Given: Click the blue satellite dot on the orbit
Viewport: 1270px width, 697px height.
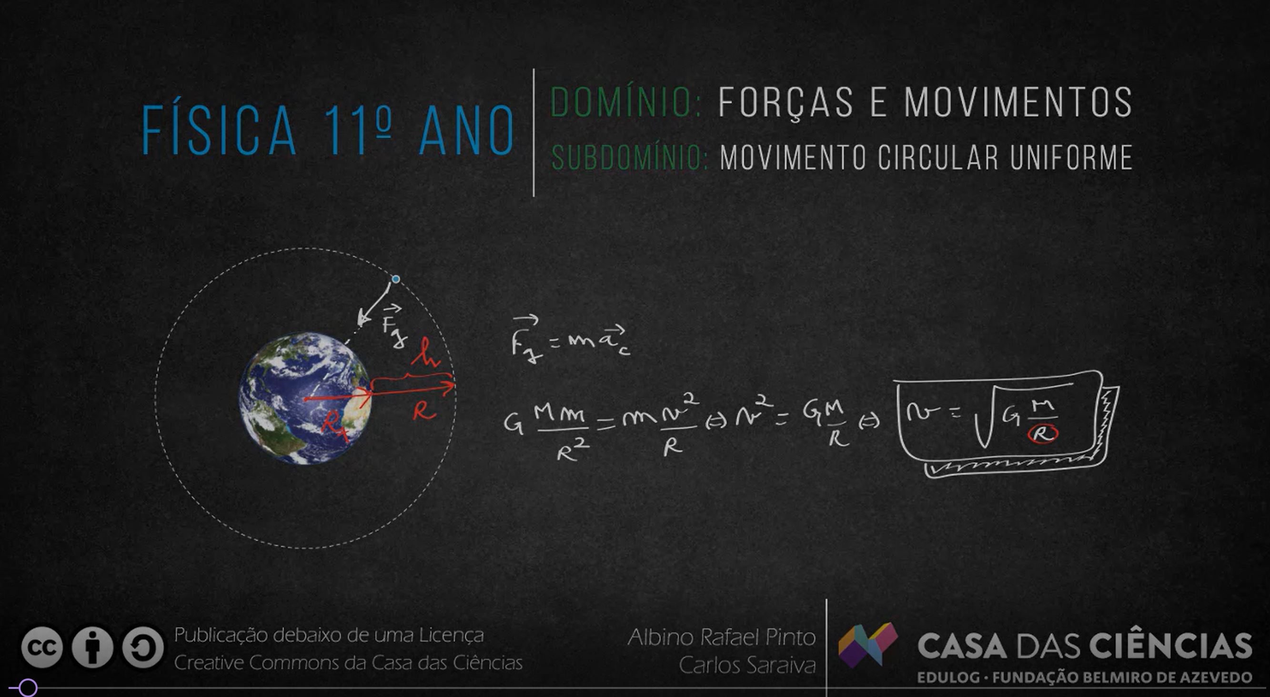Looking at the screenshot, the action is [395, 279].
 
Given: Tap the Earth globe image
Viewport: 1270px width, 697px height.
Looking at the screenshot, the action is [305, 398].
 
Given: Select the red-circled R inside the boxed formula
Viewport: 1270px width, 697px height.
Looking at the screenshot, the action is [1043, 433].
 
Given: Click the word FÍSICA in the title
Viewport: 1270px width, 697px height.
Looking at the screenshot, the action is [220, 130].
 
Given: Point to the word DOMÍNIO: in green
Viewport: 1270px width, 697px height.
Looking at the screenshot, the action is [625, 102].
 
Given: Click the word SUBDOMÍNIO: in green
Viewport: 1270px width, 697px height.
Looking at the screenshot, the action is [630, 158].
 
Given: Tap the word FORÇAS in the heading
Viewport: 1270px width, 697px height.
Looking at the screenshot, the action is [786, 102].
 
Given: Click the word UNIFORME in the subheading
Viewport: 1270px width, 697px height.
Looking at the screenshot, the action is [1071, 158].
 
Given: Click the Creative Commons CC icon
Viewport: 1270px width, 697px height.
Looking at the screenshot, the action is [42, 647].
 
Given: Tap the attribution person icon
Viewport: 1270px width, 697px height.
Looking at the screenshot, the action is [92, 647].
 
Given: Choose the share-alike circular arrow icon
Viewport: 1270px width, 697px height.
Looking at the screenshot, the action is [143, 647].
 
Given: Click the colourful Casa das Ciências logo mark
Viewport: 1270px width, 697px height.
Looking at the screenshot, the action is [868, 644].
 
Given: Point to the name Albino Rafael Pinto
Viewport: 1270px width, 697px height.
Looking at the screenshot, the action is [722, 637].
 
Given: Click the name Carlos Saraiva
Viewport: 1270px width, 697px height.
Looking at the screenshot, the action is [747, 665].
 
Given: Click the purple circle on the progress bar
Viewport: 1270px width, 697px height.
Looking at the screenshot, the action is [28, 687].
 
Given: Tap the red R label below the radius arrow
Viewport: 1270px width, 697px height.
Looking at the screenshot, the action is [424, 410].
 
